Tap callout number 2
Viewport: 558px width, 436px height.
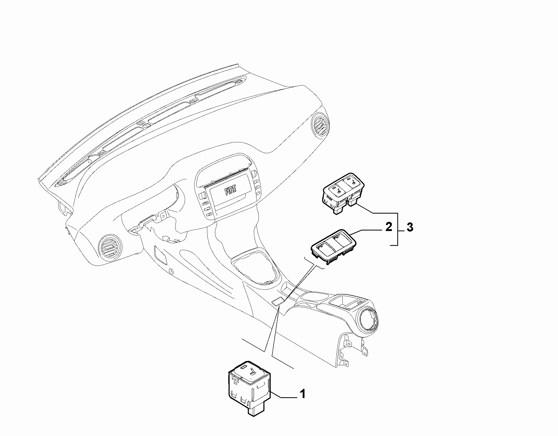click(388, 227)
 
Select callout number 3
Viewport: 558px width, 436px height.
click(410, 228)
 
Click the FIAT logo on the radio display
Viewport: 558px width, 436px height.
click(231, 191)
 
